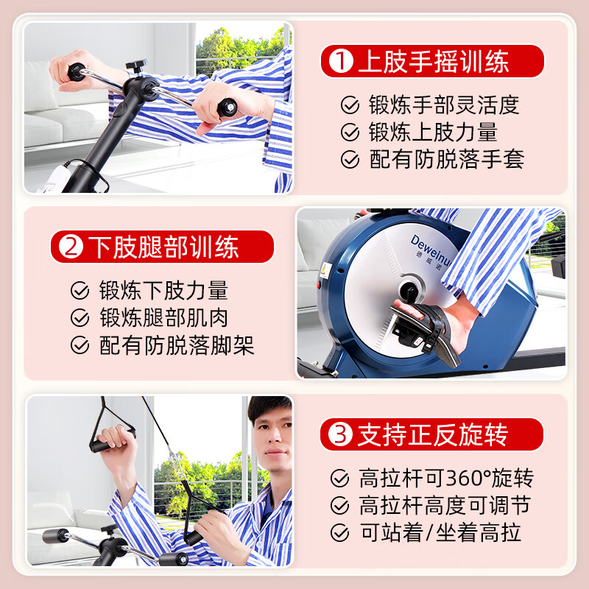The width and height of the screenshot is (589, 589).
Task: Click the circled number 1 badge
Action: click(340, 62)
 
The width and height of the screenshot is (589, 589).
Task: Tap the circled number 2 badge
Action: click(71, 247)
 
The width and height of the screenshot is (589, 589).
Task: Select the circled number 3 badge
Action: click(339, 435)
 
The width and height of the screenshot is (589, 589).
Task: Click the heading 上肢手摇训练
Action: click(433, 62)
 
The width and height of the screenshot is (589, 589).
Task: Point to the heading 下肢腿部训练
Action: click(165, 247)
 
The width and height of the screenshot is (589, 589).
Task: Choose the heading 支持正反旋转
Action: click(432, 435)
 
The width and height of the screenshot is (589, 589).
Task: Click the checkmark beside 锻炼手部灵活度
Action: click(350, 105)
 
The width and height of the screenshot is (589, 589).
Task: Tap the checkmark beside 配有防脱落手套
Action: click(350, 160)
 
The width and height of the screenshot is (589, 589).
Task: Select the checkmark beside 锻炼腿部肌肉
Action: click(80, 318)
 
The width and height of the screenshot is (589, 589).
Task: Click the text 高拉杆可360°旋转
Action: click(446, 479)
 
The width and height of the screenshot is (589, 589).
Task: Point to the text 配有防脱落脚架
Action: click(177, 345)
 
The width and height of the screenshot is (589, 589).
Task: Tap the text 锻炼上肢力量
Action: click(433, 133)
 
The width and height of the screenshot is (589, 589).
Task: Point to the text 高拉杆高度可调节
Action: click(445, 506)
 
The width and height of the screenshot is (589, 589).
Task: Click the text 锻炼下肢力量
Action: click(163, 290)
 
